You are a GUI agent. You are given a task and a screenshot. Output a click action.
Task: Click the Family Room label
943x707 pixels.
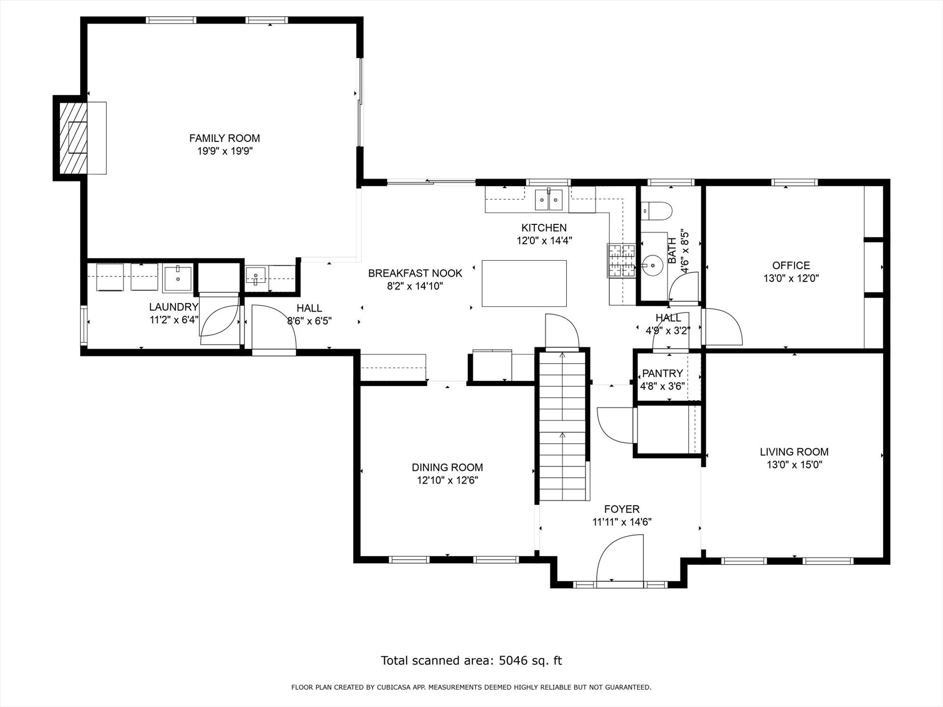point(224,138)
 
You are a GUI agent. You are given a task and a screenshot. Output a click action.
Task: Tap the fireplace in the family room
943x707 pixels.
point(73,138)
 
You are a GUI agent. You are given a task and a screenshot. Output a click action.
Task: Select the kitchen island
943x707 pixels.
point(524,284)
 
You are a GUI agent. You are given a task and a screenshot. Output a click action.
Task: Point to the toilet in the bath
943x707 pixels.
point(657,211)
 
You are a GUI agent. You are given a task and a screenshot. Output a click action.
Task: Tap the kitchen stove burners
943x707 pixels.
point(622,260)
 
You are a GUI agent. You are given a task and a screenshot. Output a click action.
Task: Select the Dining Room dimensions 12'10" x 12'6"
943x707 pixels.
point(447,480)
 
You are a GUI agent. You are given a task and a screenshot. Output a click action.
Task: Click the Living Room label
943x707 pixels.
point(794,452)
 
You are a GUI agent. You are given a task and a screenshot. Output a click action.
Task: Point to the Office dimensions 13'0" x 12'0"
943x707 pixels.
point(791,278)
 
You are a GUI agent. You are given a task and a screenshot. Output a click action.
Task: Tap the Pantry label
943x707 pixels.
point(663,373)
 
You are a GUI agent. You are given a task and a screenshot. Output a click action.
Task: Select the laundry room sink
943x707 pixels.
point(177,278)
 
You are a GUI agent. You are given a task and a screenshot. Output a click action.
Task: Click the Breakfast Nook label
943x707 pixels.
point(416,273)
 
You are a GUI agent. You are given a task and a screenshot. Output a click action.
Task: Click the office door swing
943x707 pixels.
point(722,326)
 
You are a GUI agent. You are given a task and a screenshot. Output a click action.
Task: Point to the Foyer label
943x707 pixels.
point(622,509)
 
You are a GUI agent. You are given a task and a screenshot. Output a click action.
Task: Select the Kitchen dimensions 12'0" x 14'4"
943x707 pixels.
point(544,241)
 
